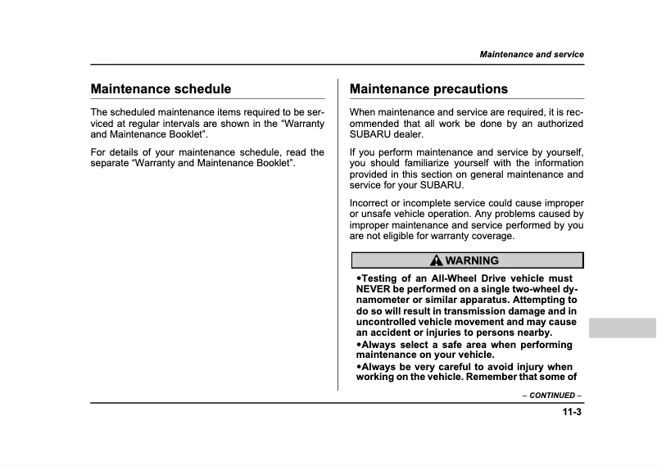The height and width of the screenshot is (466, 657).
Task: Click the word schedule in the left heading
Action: (201, 88)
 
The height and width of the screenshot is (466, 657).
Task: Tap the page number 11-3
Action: (572, 412)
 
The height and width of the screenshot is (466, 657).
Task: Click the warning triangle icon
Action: (437, 260)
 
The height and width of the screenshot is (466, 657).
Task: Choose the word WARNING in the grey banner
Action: (472, 260)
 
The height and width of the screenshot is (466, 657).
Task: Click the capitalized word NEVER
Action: (374, 290)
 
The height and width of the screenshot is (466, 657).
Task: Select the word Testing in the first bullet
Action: (378, 279)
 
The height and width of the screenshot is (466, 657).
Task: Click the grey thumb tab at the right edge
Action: (622, 328)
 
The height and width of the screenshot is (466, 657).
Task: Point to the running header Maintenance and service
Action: (532, 54)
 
